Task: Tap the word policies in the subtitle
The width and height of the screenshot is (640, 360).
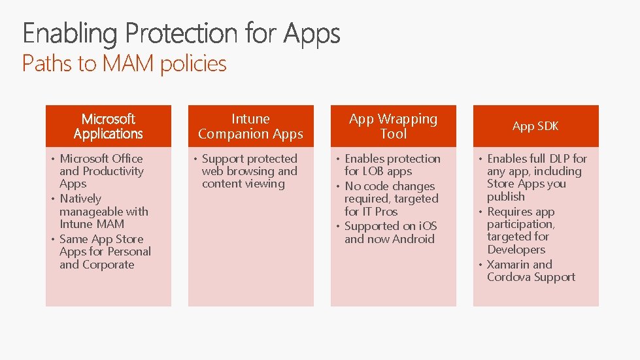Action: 194,64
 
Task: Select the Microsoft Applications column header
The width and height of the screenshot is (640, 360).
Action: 109,126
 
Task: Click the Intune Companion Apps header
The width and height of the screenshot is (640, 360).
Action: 250,126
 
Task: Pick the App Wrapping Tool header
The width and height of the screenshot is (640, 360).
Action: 393,126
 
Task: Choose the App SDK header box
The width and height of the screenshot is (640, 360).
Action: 535,126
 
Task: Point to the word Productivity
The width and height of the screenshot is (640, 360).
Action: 112,171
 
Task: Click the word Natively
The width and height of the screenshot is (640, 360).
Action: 80,199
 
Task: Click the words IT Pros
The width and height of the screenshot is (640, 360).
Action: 379,212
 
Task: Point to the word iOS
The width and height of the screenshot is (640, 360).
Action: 428,226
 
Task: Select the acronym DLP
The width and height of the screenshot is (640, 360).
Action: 559,158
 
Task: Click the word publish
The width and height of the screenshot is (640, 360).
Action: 505,197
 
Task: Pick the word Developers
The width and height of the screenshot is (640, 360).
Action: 516,250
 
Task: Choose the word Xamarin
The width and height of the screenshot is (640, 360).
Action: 509,265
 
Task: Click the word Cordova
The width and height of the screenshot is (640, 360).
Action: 507,277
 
